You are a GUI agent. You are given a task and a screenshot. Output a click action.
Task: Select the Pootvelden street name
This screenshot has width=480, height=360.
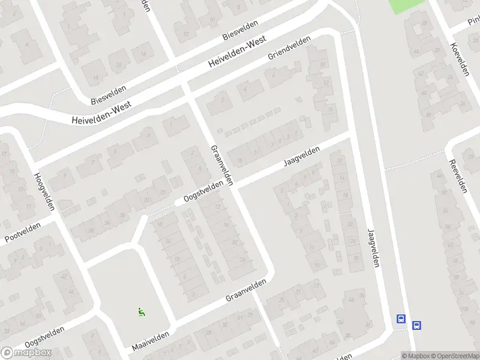coord(22,232)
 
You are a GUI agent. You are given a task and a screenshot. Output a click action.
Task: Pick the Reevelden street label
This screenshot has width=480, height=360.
coord(458,176)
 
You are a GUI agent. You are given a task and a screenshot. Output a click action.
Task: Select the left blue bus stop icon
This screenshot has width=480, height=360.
coord(401,319)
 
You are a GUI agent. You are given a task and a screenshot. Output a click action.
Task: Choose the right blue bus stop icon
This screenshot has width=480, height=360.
coord(417,326)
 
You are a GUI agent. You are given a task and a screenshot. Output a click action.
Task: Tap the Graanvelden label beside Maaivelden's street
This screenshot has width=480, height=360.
coord(246,290)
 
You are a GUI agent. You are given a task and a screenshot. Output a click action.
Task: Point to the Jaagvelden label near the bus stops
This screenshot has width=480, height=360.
coord(373,247)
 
